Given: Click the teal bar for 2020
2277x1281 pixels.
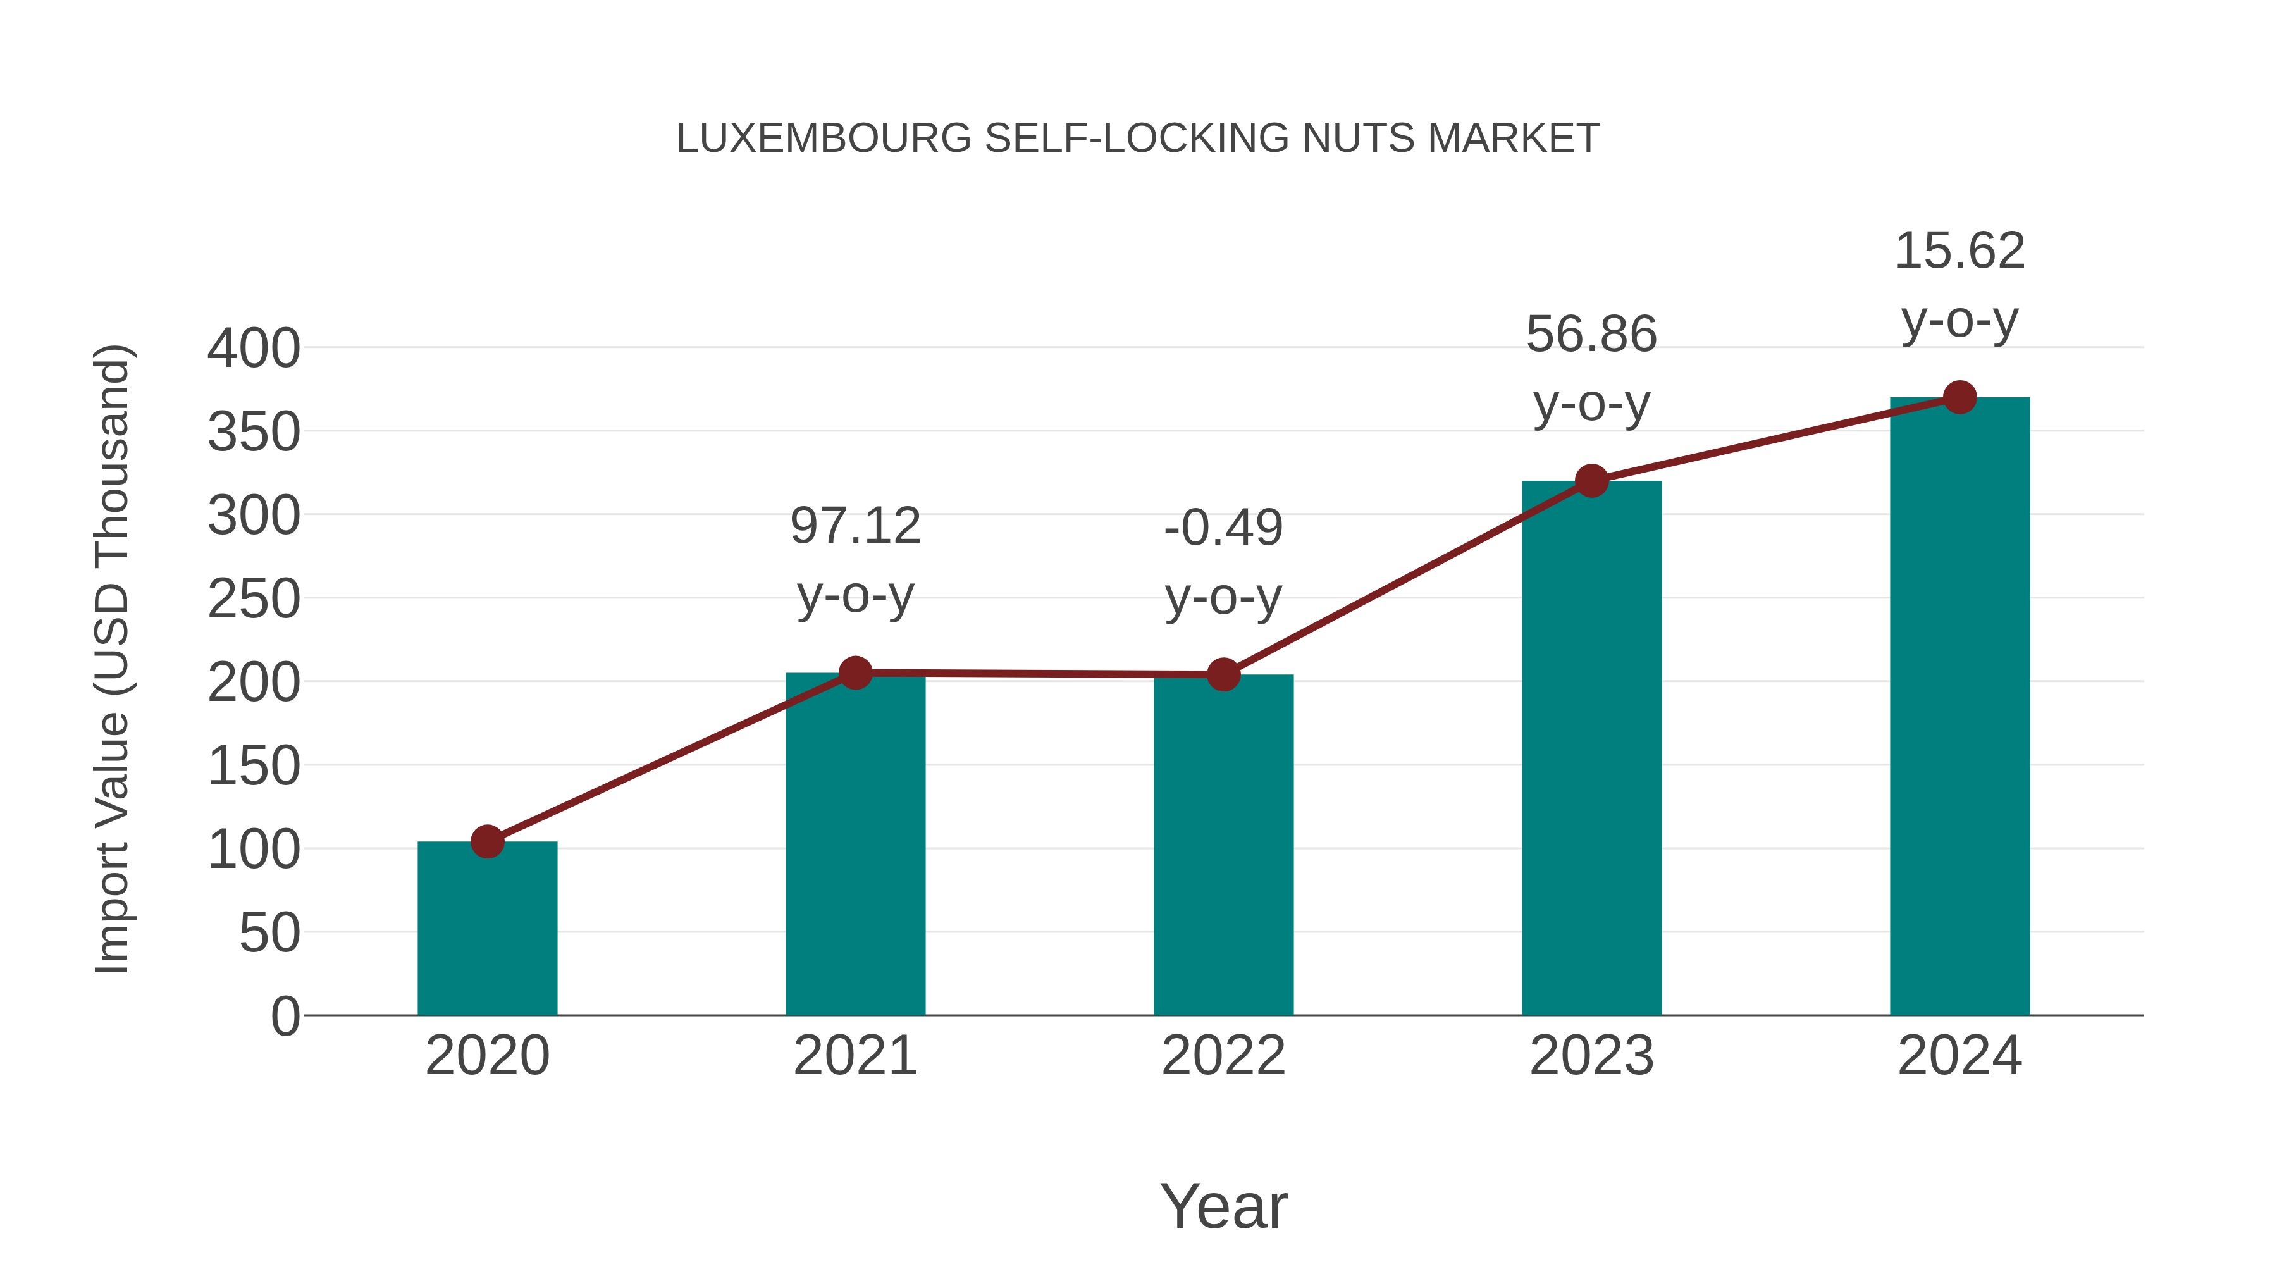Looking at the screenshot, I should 487,928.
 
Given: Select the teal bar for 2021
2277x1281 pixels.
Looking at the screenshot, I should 855,845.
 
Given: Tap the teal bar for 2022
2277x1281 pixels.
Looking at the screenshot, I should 1223,845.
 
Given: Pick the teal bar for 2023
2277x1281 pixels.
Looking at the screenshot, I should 1591,748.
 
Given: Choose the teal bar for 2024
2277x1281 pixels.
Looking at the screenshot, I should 1959,707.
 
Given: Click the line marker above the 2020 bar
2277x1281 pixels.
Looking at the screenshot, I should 487,841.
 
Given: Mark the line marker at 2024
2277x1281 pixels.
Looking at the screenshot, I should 1959,398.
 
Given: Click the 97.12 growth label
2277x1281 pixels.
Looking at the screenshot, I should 855,527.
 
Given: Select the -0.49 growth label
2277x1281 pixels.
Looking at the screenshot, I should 1223,529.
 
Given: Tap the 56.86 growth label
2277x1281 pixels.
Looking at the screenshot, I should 1591,335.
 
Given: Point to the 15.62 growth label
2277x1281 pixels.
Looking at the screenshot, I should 1959,251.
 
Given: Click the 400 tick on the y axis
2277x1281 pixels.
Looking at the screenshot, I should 254,349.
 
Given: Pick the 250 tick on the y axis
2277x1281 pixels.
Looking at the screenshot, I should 254,600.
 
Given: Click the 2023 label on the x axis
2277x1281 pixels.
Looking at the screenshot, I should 1591,1056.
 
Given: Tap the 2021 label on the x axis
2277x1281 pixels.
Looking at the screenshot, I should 855,1056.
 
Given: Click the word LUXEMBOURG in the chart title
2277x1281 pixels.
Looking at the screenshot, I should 824,139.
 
